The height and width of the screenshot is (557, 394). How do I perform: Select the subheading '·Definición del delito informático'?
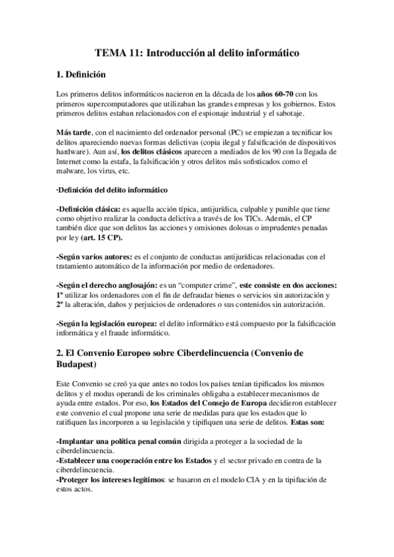click(x=112, y=190)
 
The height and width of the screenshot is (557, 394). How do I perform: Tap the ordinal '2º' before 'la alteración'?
click(x=61, y=304)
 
